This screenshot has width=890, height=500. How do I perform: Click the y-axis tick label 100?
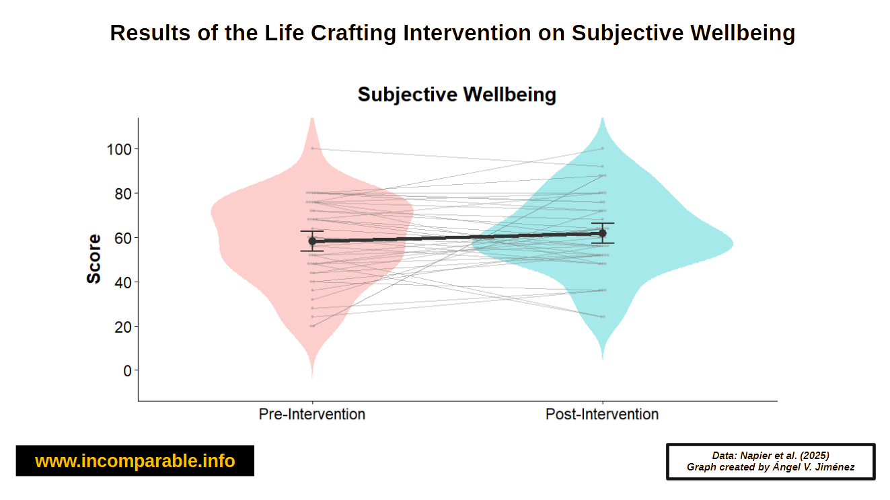[119, 150]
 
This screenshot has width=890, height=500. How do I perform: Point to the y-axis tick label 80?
[123, 194]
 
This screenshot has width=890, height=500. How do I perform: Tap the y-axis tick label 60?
[123, 239]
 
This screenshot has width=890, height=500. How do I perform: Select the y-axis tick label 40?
[123, 283]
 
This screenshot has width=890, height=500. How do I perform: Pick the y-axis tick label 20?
[123, 327]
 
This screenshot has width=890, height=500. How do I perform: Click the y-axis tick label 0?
[128, 371]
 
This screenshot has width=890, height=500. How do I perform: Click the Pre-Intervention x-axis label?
[312, 414]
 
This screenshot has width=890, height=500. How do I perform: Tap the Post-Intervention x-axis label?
[602, 414]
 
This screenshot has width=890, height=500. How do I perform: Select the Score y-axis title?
[94, 259]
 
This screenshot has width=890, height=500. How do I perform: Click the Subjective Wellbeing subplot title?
[457, 95]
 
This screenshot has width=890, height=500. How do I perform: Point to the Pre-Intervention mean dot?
[312, 241]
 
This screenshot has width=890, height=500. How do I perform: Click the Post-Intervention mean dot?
[602, 233]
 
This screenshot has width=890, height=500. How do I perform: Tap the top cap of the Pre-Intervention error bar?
[312, 231]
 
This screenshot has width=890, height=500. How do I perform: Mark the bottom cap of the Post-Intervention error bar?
[602, 243]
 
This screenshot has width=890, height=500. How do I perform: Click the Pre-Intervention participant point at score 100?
[313, 149]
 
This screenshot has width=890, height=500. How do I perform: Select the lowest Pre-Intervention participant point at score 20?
[312, 326]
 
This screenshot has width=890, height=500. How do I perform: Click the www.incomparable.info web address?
[135, 461]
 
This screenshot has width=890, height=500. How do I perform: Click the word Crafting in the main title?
[353, 34]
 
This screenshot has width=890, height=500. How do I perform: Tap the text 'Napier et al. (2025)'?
[784, 456]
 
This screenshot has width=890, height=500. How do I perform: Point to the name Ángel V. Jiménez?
[813, 467]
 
